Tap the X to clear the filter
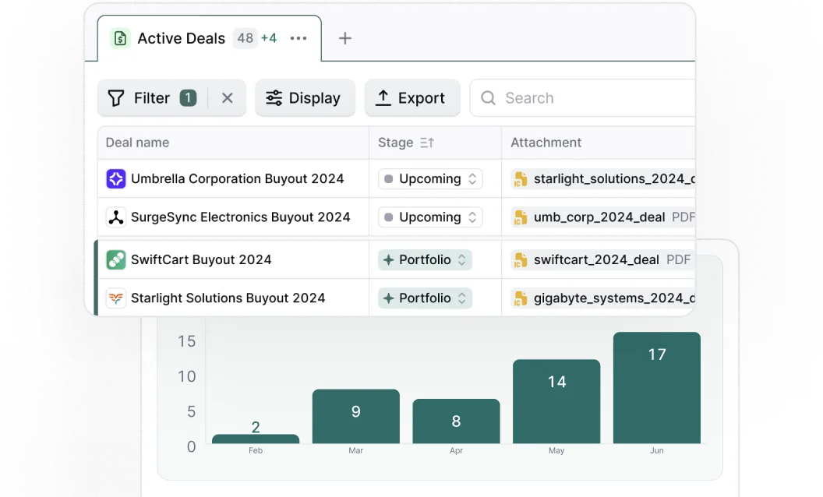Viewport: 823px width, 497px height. [228, 98]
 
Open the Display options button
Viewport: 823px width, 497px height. [305, 98]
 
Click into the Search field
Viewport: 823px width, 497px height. [585, 98]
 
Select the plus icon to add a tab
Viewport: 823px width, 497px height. [345, 38]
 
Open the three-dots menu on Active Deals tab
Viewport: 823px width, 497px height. [298, 38]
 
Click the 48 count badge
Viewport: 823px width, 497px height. [245, 38]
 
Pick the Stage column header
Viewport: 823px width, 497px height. [396, 143]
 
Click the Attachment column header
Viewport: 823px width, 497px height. [546, 143]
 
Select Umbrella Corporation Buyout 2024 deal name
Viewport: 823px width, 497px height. [237, 178]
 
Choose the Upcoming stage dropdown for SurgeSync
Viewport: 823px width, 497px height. [430, 217]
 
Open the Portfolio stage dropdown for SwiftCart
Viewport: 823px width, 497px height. [425, 259]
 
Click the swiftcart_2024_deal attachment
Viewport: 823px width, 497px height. [596, 259]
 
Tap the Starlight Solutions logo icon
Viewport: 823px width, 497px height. [116, 298]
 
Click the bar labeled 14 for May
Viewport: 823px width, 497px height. [556, 401]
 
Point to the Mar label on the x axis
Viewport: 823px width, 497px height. [356, 451]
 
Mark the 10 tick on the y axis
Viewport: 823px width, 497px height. [187, 376]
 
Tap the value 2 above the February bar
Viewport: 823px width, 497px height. [256, 427]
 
